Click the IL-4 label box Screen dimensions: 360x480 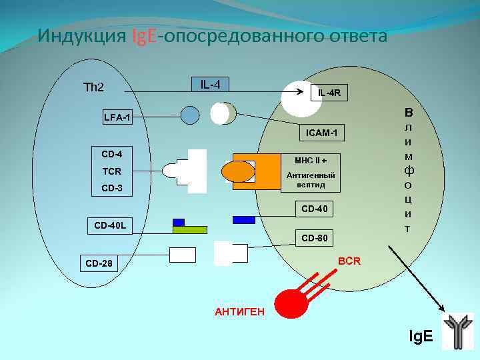point(211,85)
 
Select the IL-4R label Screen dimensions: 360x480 point(329,93)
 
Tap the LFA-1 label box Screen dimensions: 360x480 point(117,119)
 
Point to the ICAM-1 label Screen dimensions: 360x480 point(321,134)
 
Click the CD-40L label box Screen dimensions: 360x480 point(111,227)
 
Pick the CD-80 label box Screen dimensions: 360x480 point(313,237)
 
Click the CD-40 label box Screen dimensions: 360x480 point(313,209)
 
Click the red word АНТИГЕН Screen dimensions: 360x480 point(239,312)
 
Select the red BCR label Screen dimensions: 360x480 point(349,261)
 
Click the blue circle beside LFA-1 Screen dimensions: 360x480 point(190,116)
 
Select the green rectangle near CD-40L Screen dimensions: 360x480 point(190,230)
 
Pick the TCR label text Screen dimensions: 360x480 point(111,171)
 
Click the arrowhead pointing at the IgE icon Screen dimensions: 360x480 point(443,307)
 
